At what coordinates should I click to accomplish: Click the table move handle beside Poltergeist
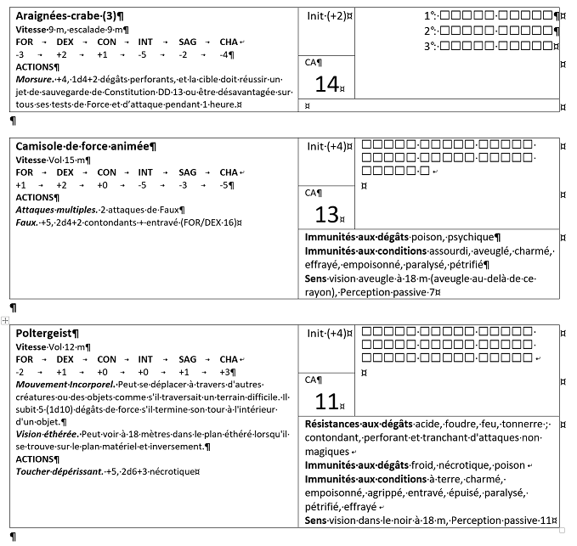[x=5, y=320]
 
